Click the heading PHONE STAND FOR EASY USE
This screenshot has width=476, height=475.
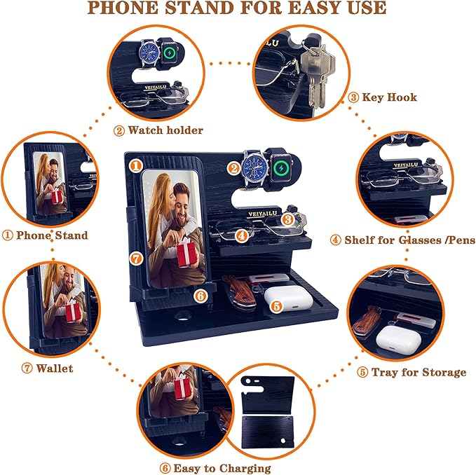point(237,9)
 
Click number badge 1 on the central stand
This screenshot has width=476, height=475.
point(136,165)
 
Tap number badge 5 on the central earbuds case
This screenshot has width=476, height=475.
point(276,305)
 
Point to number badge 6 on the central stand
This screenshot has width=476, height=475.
point(200,296)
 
